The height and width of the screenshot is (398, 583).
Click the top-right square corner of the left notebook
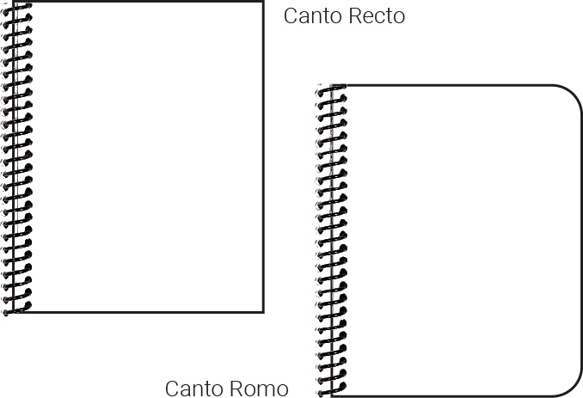(x=262, y=3)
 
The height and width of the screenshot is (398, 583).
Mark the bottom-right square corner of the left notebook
(x=262, y=310)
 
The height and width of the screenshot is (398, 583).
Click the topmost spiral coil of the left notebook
(x=17, y=8)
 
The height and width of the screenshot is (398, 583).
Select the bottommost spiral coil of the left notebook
(x=17, y=306)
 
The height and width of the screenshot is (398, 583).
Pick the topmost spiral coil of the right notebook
(x=331, y=90)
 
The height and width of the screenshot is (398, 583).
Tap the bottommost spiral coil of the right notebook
(x=331, y=390)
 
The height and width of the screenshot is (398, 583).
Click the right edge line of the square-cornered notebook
(x=263, y=155)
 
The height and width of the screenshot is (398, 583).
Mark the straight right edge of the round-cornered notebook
(x=582, y=241)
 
